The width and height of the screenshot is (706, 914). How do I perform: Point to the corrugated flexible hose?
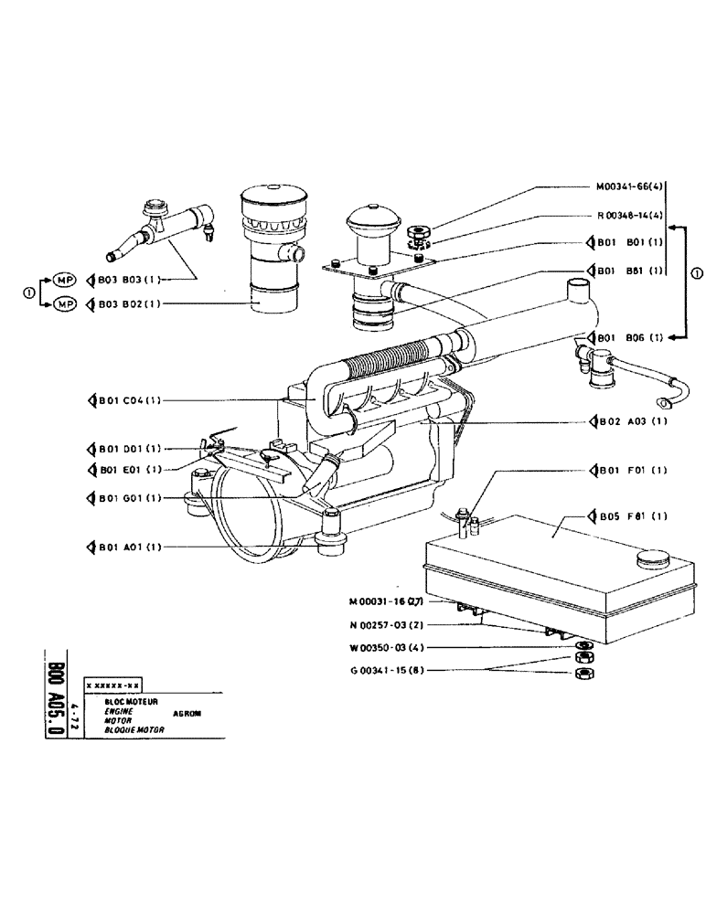(393, 363)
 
